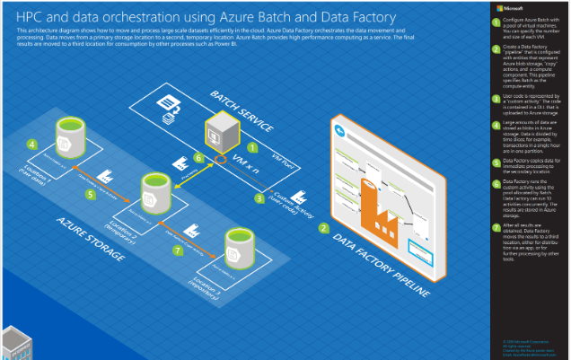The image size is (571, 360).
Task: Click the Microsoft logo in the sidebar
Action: click(501, 8)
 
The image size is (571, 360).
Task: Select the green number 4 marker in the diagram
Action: click(31, 144)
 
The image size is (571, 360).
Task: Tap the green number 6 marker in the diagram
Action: click(199, 157)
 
